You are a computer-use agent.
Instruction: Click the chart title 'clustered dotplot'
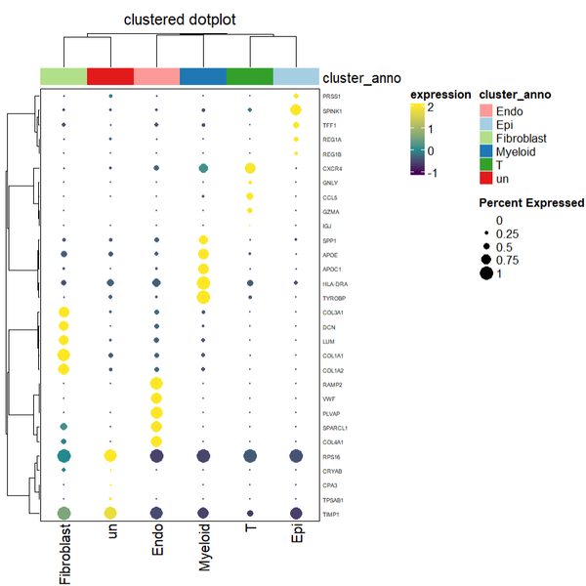(179, 20)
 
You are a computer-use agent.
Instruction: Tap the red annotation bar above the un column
(110, 76)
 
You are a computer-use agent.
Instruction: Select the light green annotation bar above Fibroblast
(63, 76)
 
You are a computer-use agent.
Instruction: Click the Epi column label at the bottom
(298, 542)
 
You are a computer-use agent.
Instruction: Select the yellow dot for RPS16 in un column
(110, 456)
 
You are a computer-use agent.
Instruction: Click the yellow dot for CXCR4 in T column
(251, 169)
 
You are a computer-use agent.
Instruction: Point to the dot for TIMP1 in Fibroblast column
(63, 513)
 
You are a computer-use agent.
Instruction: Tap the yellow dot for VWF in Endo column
(157, 398)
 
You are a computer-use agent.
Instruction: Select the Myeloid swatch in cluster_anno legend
(486, 152)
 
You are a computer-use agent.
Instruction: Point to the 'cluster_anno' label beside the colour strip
(361, 77)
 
